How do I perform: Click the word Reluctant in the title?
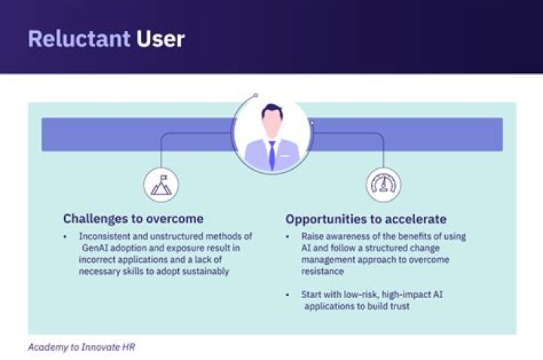(79, 38)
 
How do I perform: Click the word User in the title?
(161, 38)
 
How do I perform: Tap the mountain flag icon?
(161, 185)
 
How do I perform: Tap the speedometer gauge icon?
(383, 185)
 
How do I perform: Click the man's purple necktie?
(271, 154)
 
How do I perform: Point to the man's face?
(271, 123)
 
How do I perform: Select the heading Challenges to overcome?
(133, 219)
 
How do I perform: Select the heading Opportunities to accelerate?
(366, 219)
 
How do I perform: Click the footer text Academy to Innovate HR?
(81, 348)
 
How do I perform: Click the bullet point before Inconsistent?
(67, 236)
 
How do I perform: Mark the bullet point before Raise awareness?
(290, 236)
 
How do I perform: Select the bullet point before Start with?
(290, 294)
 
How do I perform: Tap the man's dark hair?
(271, 111)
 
